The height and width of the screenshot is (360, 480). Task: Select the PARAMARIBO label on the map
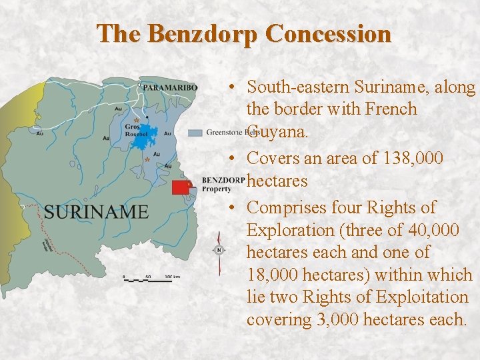tap(170, 87)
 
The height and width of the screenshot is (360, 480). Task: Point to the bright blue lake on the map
tap(149, 133)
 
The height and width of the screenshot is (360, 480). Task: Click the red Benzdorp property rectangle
tap(180, 187)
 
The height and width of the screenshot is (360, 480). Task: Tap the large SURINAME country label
tap(97, 212)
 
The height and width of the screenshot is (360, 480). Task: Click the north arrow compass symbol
tap(219, 251)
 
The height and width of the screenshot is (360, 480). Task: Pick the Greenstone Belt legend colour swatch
tap(195, 133)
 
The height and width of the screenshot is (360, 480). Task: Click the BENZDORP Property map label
tap(222, 184)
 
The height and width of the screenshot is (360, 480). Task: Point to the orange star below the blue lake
tap(147, 159)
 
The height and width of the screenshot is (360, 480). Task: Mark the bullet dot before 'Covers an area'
tap(229, 158)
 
